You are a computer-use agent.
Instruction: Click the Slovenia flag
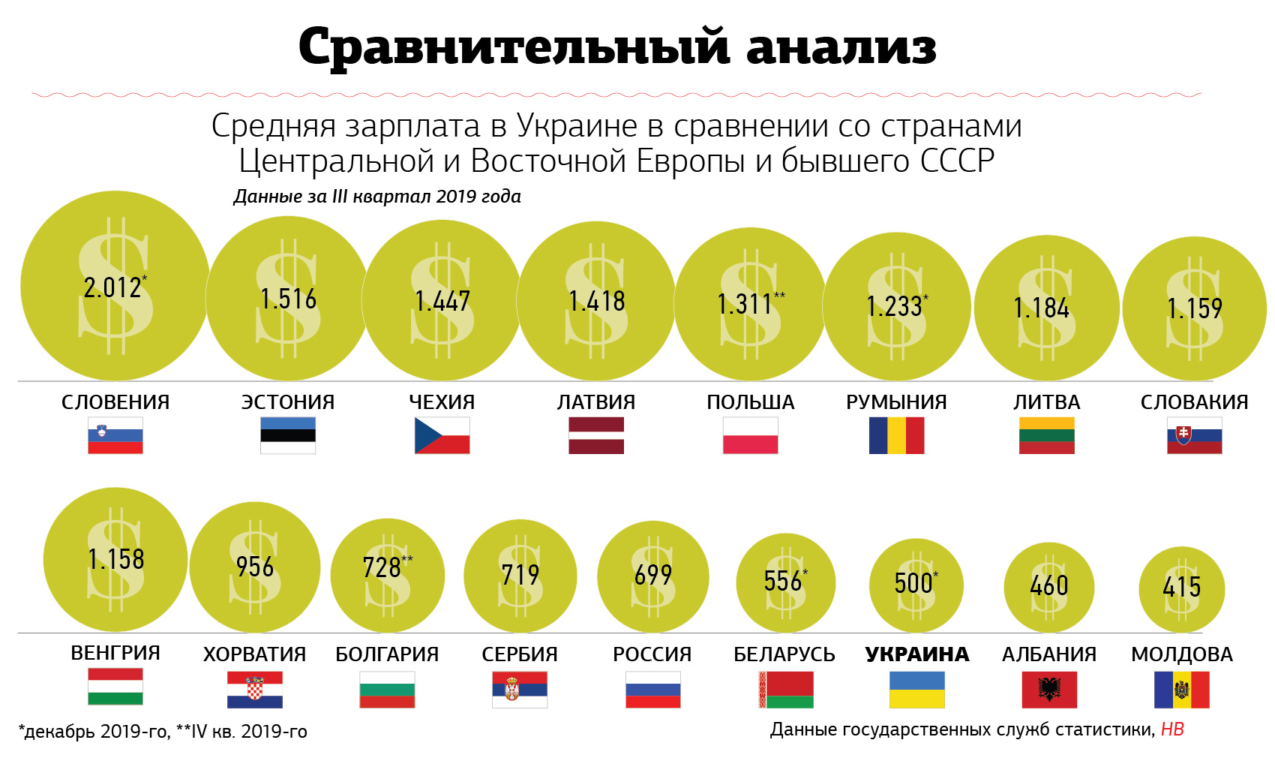click(x=115, y=435)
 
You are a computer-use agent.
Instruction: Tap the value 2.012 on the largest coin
click(x=113, y=287)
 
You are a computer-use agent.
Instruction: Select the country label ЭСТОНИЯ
click(x=288, y=402)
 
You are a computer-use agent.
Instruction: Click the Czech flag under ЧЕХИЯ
click(x=442, y=435)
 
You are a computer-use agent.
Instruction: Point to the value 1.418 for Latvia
click(x=596, y=302)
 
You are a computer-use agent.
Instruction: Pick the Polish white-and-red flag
click(x=750, y=435)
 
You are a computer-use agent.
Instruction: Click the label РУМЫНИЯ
click(x=896, y=402)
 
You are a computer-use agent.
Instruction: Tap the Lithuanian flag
click(x=1046, y=435)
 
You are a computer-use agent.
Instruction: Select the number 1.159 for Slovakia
click(x=1194, y=308)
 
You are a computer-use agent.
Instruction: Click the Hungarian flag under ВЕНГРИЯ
click(x=115, y=687)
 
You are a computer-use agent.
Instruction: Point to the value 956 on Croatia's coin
click(x=255, y=567)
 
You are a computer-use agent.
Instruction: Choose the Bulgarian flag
click(x=387, y=690)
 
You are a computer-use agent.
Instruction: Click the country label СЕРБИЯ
click(x=520, y=654)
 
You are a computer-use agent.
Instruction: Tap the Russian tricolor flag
click(x=652, y=690)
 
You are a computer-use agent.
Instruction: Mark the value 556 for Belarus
click(x=783, y=581)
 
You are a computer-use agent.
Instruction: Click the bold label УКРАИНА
click(x=916, y=654)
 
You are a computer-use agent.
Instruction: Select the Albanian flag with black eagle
click(x=1049, y=690)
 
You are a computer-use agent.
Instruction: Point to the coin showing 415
click(x=1181, y=588)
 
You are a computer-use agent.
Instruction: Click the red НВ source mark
click(x=1172, y=729)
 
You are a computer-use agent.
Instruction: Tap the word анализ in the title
click(x=841, y=47)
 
